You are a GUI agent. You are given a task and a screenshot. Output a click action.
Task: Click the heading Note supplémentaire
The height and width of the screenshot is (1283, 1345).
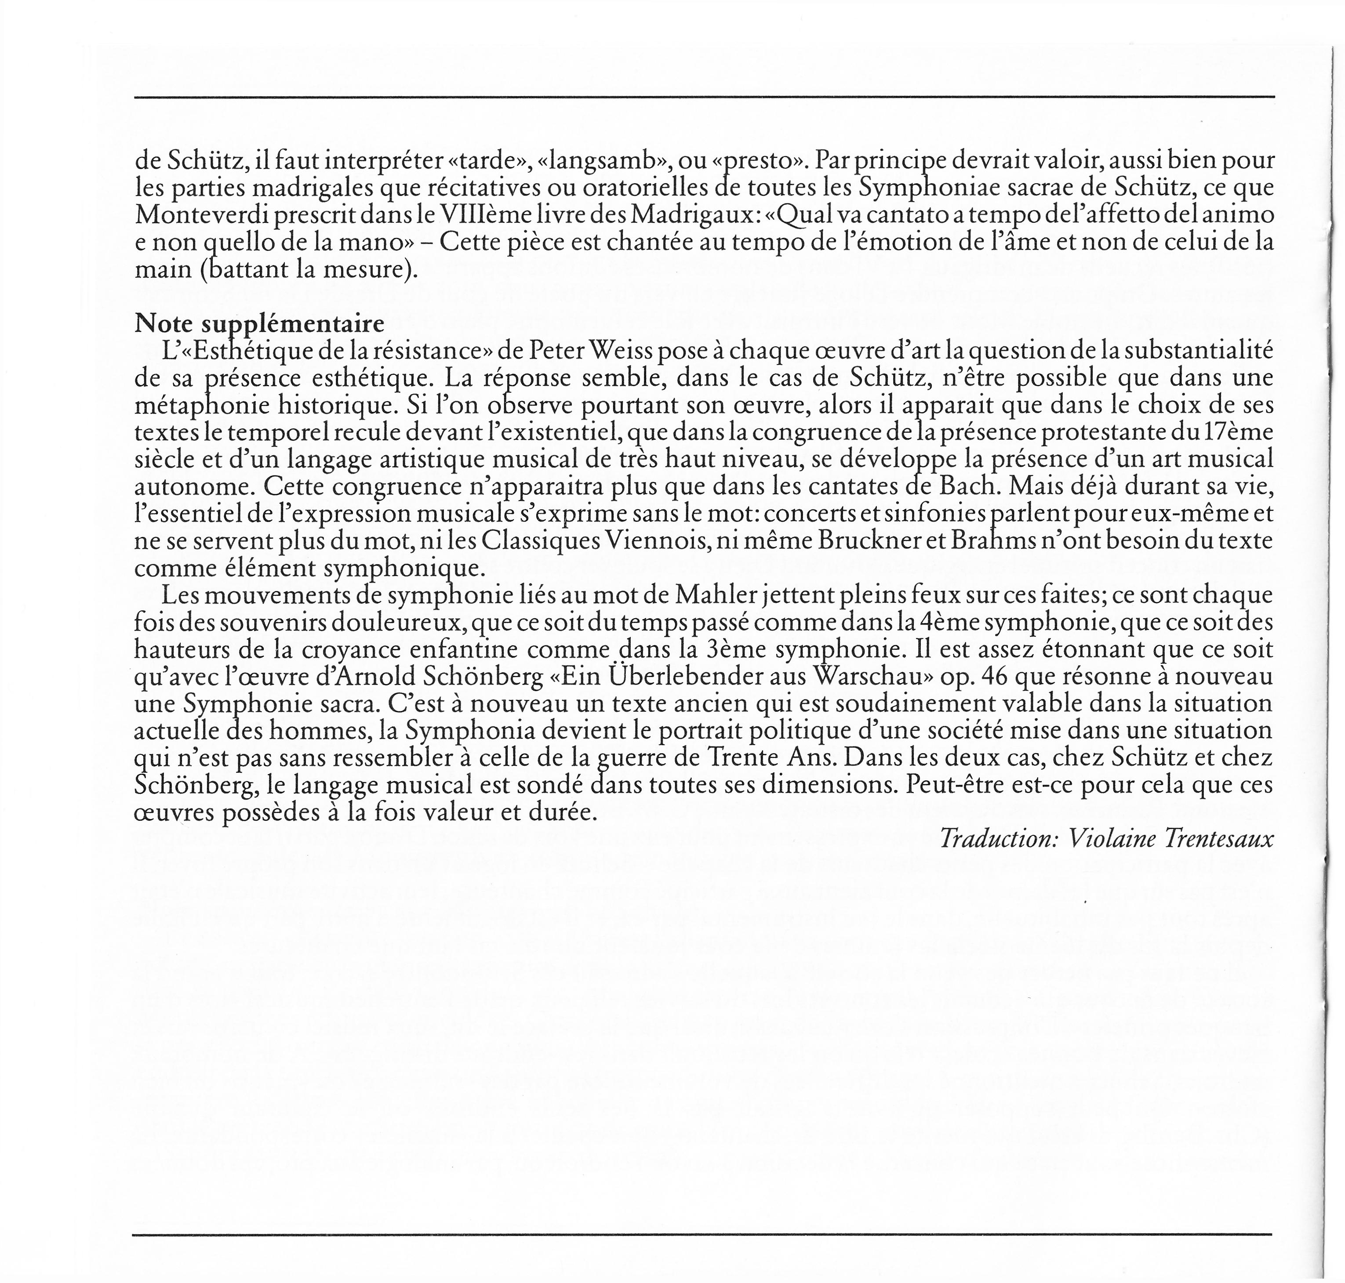click(259, 323)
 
